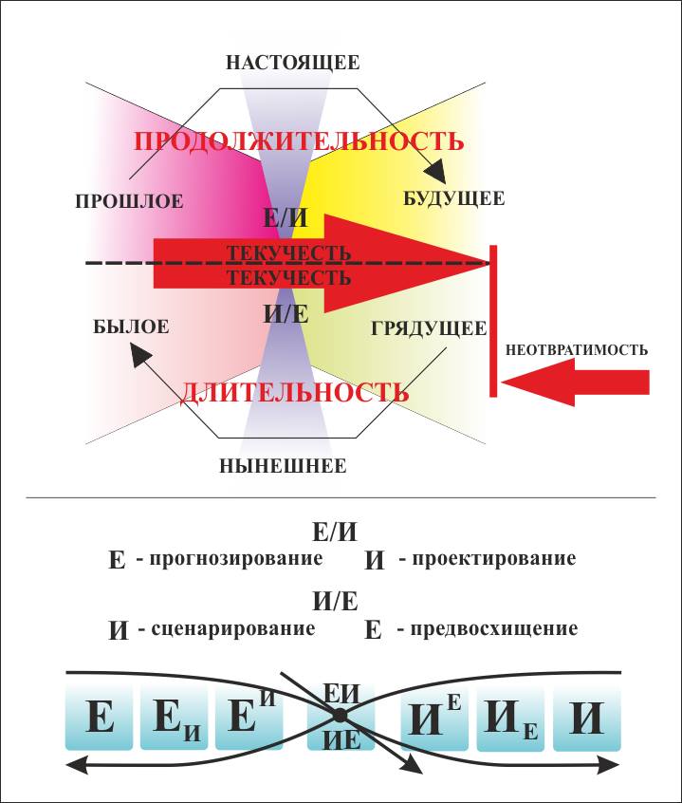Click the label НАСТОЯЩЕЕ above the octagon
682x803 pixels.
(292, 64)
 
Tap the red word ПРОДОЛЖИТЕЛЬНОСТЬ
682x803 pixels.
(299, 141)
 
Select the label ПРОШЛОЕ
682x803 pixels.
(129, 200)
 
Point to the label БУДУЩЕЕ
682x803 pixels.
(454, 198)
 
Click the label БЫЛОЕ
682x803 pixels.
(132, 327)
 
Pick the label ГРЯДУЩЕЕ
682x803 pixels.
(429, 329)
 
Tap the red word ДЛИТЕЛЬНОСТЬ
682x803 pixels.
(295, 390)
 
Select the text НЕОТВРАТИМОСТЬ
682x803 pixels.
(577, 349)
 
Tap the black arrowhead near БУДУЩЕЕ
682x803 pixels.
(435, 174)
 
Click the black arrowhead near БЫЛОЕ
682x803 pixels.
(138, 355)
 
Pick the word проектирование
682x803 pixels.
(488, 558)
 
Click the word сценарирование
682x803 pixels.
(227, 628)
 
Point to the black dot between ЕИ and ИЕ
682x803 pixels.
(340, 719)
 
